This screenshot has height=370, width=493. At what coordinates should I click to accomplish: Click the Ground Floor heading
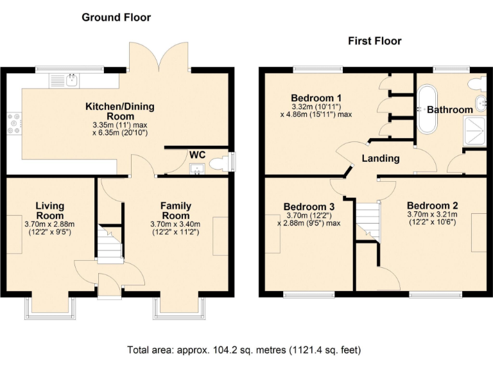(x=116, y=17)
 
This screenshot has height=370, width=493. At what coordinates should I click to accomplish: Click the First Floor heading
(x=375, y=41)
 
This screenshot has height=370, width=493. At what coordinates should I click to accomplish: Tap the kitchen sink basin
(x=73, y=80)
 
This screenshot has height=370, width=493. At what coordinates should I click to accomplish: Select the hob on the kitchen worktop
(x=15, y=123)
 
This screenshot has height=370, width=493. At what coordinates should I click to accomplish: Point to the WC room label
(x=198, y=155)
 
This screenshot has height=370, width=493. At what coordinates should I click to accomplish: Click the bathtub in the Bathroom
(x=427, y=109)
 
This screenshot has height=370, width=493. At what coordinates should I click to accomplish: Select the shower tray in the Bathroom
(x=474, y=131)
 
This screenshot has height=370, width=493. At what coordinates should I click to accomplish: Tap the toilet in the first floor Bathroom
(x=477, y=84)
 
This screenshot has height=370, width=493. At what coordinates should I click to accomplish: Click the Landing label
(x=381, y=158)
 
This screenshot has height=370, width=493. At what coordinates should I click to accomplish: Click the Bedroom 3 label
(x=309, y=207)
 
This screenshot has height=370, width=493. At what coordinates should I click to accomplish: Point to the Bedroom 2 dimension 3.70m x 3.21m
(x=432, y=215)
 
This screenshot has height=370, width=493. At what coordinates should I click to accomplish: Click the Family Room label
(x=175, y=211)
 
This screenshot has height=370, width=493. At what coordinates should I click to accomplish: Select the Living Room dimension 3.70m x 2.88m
(x=49, y=224)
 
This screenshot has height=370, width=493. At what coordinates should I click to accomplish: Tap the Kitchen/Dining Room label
(x=120, y=111)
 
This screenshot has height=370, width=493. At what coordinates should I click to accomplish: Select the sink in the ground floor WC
(x=197, y=168)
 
